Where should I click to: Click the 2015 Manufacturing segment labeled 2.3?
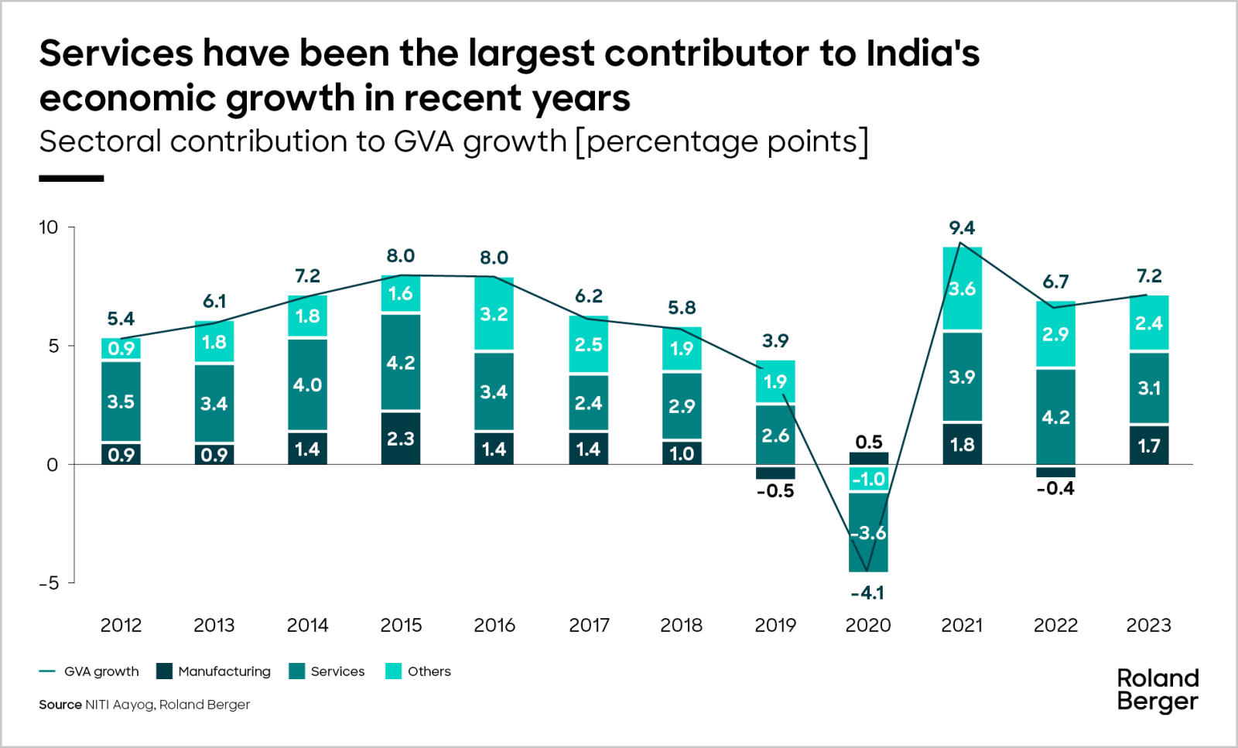(x=401, y=439)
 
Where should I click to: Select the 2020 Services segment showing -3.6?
(x=868, y=533)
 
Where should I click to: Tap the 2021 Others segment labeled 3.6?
(x=962, y=289)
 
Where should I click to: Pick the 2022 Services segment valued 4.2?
(x=1055, y=417)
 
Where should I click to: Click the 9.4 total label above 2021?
(x=962, y=228)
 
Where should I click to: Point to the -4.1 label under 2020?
(x=867, y=593)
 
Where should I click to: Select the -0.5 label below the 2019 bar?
(x=775, y=491)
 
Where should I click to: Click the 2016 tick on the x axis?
(x=494, y=625)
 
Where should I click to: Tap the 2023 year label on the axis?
(x=1148, y=625)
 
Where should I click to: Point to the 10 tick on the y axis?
(x=49, y=227)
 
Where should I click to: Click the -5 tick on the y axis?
(x=49, y=583)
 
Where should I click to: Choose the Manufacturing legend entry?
(x=214, y=671)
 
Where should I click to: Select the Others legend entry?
(x=419, y=671)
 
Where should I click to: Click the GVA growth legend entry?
(x=90, y=671)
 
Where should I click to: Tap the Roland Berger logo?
(x=1158, y=690)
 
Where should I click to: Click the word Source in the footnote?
(x=60, y=705)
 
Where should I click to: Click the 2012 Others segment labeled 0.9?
(x=121, y=349)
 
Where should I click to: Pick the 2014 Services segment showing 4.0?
(x=307, y=384)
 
